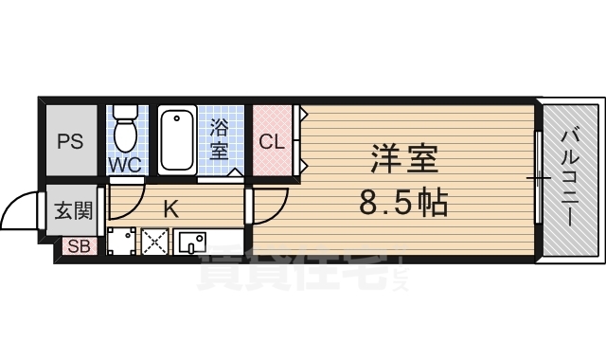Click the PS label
pyautogui.click(x=70, y=142)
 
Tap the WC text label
pyautogui.click(x=124, y=164)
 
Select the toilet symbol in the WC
pyautogui.click(x=124, y=129)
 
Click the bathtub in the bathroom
pyautogui.click(x=177, y=139)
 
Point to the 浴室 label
pyautogui.click(x=219, y=138)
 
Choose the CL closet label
pyautogui.click(x=272, y=142)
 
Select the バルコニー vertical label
pyautogui.click(x=570, y=177)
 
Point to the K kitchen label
pyautogui.click(x=171, y=207)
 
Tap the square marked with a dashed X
pyautogui.click(x=153, y=241)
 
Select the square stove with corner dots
pyautogui.click(x=120, y=241)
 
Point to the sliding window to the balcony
pyautogui.click(x=538, y=177)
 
